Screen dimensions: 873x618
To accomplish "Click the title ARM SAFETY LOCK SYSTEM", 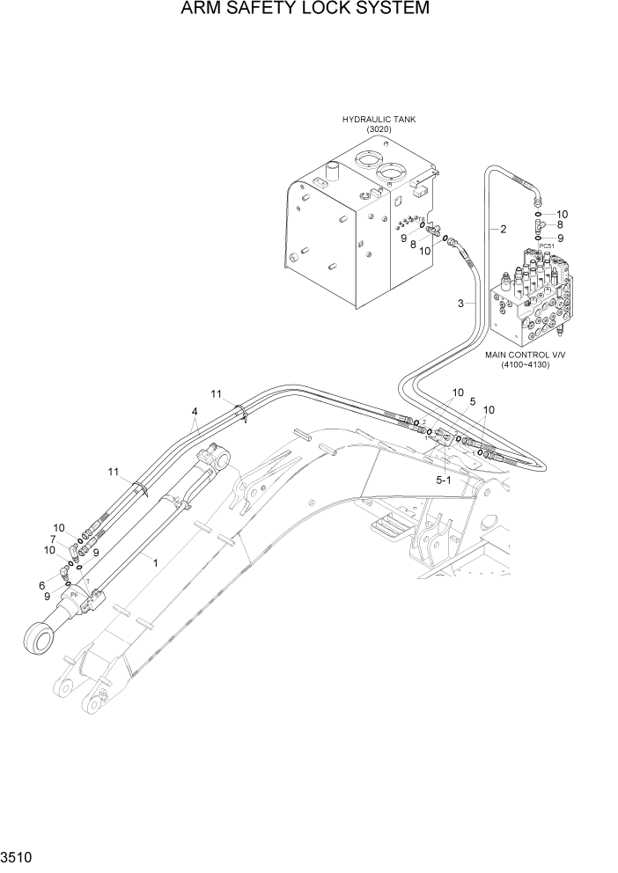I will tap(305, 10).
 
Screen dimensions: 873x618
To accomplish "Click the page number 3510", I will tap(17, 856).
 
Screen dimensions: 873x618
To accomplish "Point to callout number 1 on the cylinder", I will tap(155, 559).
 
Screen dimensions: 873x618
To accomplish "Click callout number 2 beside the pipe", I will tap(503, 230).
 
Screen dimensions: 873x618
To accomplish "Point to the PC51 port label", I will tap(546, 246).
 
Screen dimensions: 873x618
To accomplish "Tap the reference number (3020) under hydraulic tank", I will tap(379, 129).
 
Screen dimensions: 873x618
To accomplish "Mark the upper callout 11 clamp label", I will tap(216, 392).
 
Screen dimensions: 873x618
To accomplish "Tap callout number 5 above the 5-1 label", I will tap(472, 401).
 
